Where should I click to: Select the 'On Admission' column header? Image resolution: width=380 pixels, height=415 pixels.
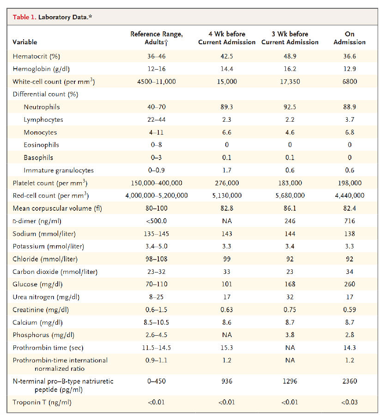[x=350, y=38]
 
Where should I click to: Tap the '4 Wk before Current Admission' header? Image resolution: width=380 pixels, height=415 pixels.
[x=227, y=38]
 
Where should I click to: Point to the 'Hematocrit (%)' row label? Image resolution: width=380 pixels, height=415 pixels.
[x=36, y=56]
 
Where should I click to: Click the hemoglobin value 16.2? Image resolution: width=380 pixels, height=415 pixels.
[x=290, y=69]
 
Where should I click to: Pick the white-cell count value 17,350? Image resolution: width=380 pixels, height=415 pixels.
[x=290, y=82]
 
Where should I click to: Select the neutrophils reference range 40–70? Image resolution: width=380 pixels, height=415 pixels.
[x=157, y=107]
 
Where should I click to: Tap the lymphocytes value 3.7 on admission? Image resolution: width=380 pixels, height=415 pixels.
[x=350, y=119]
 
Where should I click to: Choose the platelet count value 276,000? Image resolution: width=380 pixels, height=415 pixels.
[x=227, y=183]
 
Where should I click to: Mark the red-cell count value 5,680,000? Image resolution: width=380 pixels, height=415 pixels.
[x=290, y=196]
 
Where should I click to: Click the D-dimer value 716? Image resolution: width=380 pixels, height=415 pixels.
[x=350, y=221]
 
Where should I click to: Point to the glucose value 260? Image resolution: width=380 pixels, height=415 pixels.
[x=350, y=284]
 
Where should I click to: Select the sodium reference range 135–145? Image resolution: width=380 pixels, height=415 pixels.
[x=157, y=233]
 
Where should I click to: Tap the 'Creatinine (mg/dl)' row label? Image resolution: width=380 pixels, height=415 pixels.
[x=41, y=309]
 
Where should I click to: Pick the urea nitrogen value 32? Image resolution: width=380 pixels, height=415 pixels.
[x=290, y=297]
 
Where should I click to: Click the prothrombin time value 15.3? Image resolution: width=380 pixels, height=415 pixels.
[x=227, y=347]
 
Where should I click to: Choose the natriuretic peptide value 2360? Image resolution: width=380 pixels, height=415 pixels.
[x=350, y=381]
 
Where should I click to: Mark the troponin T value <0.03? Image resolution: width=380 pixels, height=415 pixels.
[x=350, y=402]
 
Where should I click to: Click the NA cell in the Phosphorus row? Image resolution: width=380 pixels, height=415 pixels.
[x=227, y=335]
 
